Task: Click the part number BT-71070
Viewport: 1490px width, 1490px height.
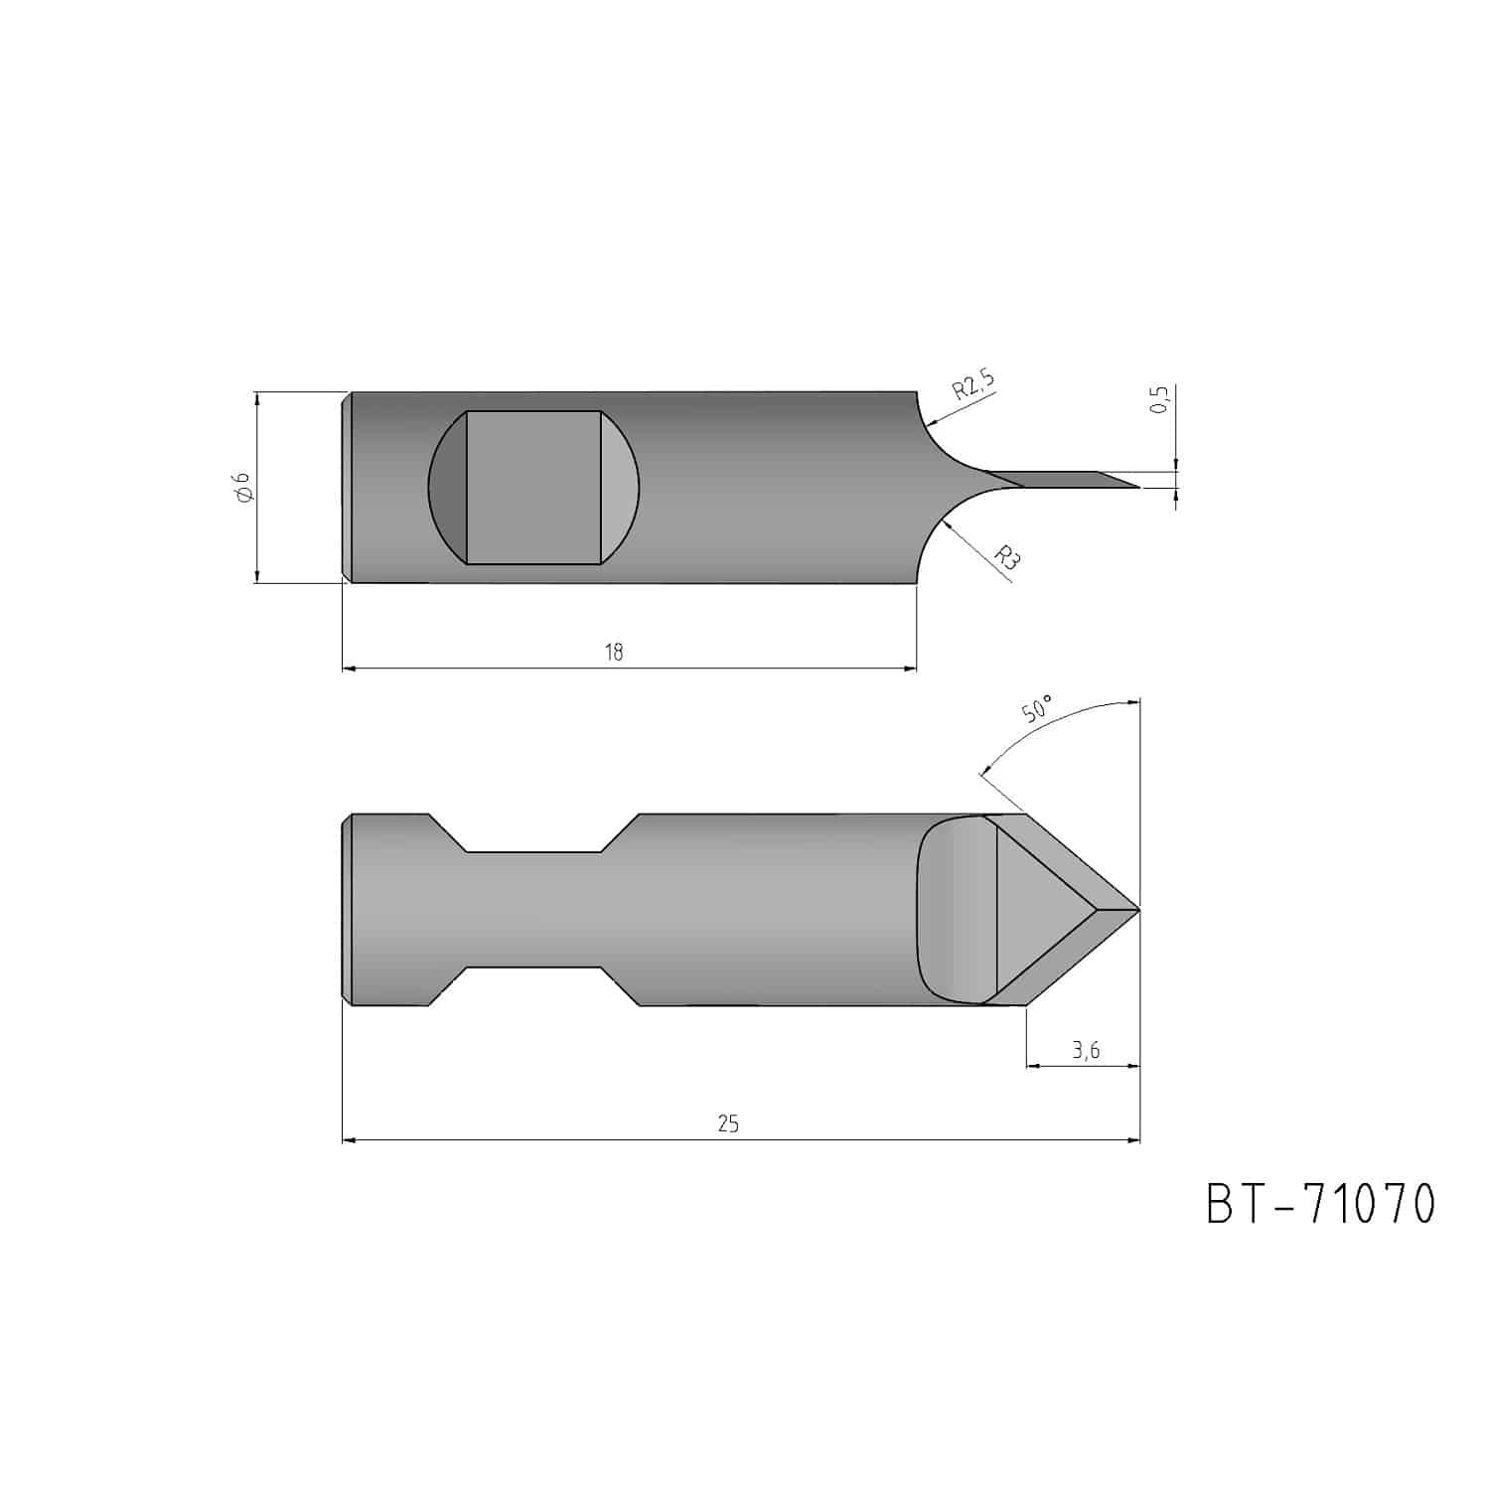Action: pyautogui.click(x=1321, y=1203)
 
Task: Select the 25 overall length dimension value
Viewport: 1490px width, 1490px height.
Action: pyautogui.click(x=728, y=1123)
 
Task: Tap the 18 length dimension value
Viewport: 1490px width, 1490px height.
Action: pyautogui.click(x=614, y=652)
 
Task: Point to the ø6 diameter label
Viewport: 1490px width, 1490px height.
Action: pyautogui.click(x=241, y=488)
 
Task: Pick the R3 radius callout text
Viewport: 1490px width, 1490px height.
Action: pyautogui.click(x=1008, y=556)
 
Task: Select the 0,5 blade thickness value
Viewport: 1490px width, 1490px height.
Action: pyautogui.click(x=1159, y=399)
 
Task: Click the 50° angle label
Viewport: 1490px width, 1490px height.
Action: pyautogui.click(x=1036, y=709)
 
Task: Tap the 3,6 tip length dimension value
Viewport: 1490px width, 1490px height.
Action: pyautogui.click(x=1086, y=1051)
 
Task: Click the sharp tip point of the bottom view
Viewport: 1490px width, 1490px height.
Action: pyautogui.click(x=1139, y=909)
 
